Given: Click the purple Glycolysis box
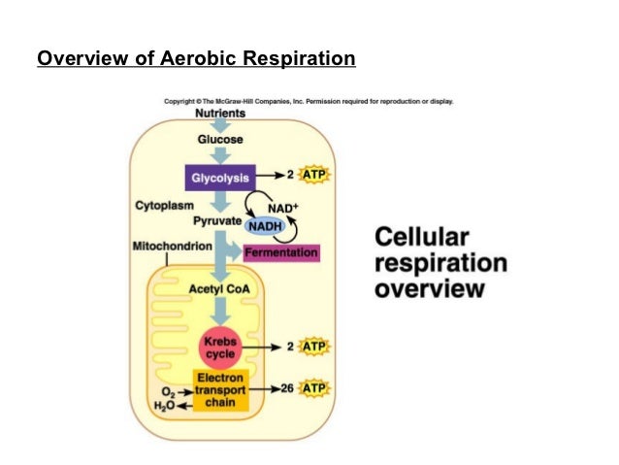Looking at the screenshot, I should (x=220, y=179).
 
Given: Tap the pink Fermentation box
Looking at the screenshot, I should (x=281, y=253).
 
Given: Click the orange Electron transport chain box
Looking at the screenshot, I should (x=221, y=389).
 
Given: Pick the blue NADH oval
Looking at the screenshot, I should (x=263, y=226).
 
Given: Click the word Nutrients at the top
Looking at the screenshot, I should (x=219, y=114).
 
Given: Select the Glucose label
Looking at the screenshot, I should (x=220, y=139).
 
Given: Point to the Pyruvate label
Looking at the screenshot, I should (x=216, y=221).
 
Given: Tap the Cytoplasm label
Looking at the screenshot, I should (x=163, y=207).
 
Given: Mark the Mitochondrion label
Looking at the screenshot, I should (x=172, y=247).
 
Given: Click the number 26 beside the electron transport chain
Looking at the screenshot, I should (x=288, y=389).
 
